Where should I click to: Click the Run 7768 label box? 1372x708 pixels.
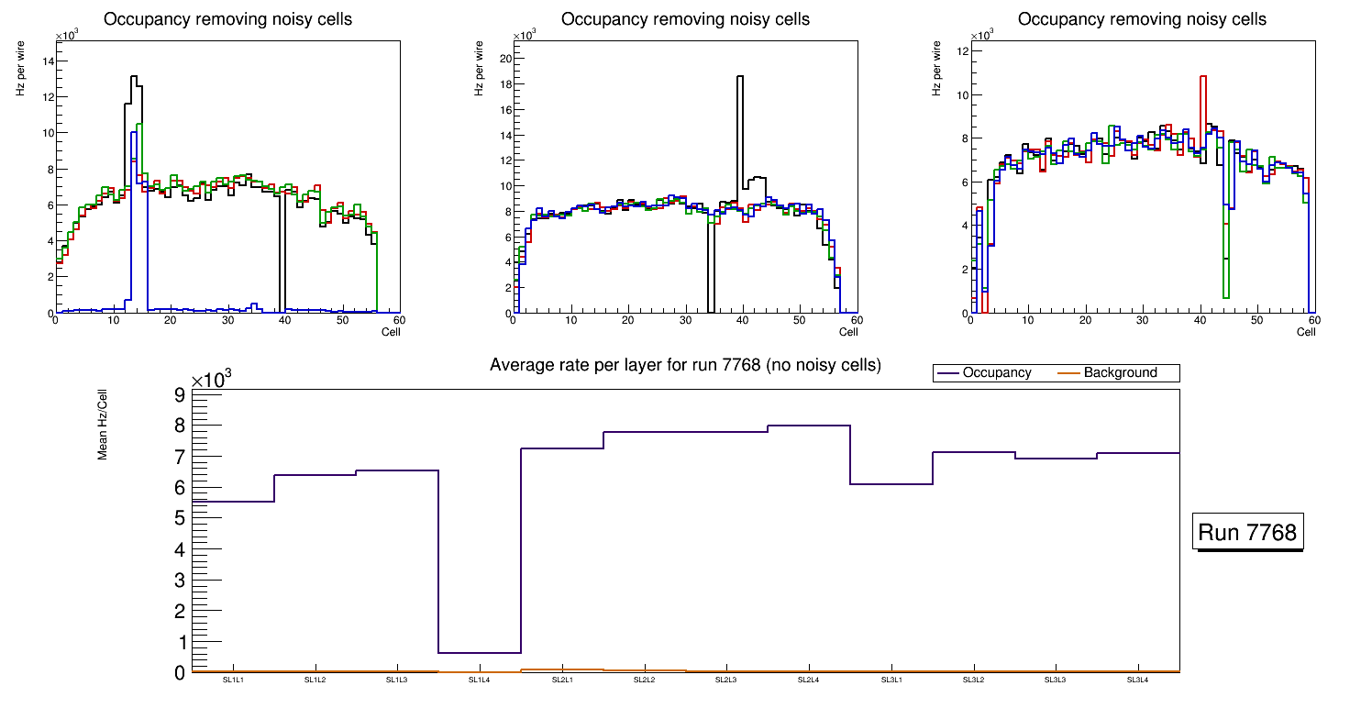(x=1248, y=533)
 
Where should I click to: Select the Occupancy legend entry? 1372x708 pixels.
(x=996, y=373)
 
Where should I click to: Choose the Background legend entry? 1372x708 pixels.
(x=1120, y=373)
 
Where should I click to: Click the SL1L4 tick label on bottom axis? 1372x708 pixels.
(x=480, y=680)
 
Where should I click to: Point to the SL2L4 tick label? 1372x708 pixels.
(x=809, y=680)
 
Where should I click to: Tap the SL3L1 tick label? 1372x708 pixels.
(x=891, y=680)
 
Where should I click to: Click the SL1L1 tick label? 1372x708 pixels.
(x=233, y=680)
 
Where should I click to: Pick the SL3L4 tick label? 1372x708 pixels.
(x=1138, y=680)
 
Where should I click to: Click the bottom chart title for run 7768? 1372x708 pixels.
(x=685, y=365)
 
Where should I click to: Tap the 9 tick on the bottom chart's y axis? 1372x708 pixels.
(x=180, y=395)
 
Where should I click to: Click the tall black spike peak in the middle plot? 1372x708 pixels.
(x=740, y=77)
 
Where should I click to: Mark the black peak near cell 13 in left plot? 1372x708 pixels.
(x=133, y=77)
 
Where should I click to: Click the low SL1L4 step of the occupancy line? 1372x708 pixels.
(x=480, y=653)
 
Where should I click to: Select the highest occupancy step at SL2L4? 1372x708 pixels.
(x=809, y=426)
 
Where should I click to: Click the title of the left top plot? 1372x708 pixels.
(x=227, y=19)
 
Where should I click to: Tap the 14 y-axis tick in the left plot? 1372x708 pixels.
(x=49, y=61)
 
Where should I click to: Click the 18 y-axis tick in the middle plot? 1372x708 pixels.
(x=505, y=83)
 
